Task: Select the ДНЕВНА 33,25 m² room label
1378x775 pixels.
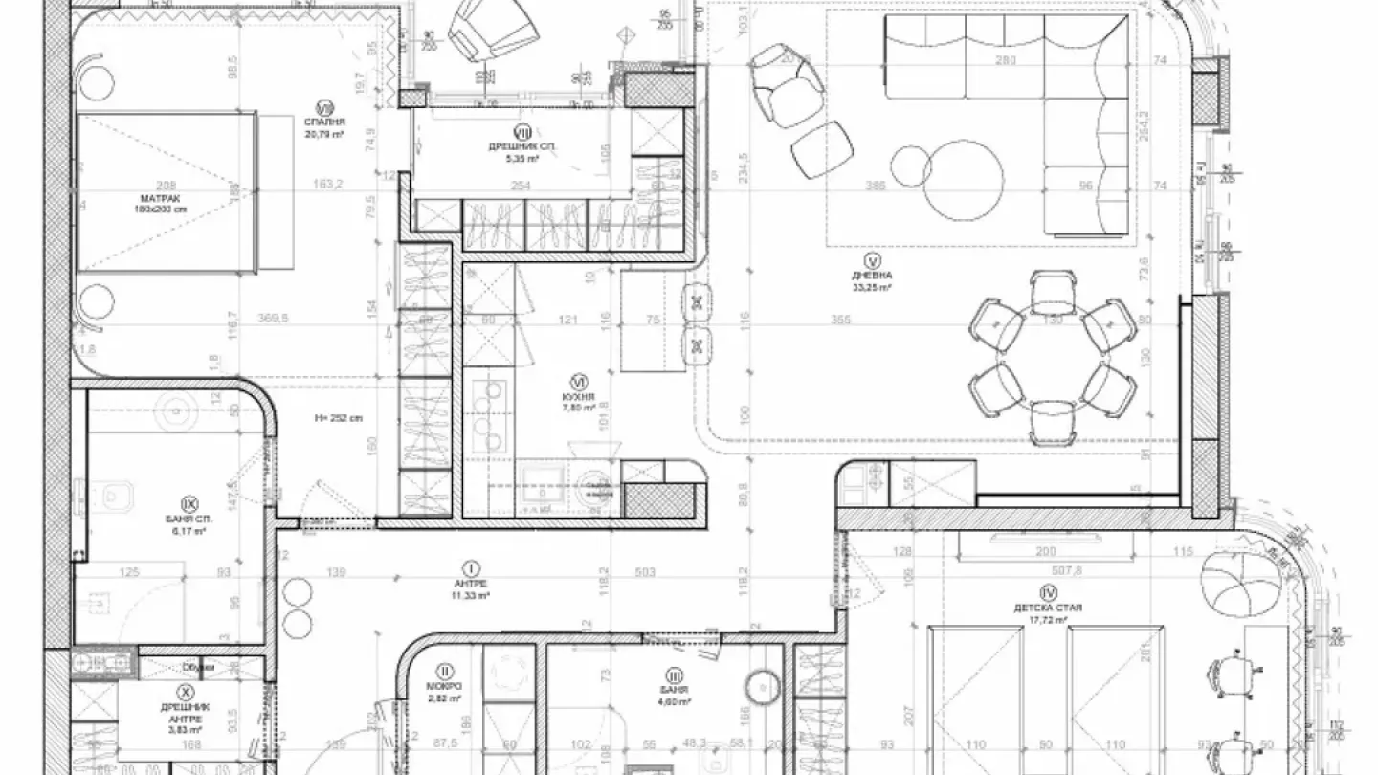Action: click(x=872, y=280)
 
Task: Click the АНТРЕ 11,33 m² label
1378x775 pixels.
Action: click(x=471, y=588)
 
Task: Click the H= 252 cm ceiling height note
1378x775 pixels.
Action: click(x=339, y=418)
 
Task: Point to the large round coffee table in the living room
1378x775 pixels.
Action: click(x=964, y=180)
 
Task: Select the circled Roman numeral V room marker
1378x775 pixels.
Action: click(x=872, y=259)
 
